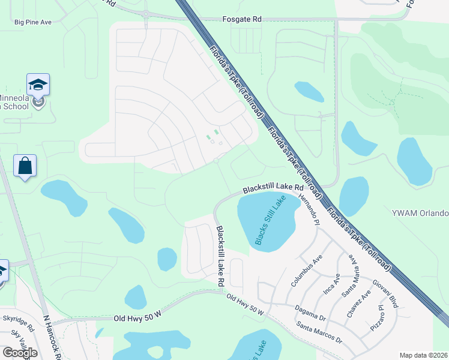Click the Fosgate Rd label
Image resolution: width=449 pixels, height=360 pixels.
242,19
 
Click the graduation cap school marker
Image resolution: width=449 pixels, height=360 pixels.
38,85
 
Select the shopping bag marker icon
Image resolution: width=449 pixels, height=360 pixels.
25,166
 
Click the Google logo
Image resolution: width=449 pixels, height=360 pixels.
19,352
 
